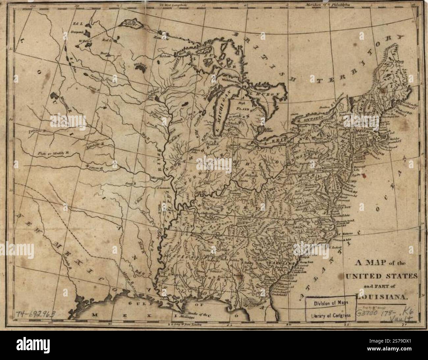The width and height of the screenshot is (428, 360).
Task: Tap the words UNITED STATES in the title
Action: click(382, 275)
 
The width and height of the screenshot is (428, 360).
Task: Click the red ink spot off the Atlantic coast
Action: click(365, 177)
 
